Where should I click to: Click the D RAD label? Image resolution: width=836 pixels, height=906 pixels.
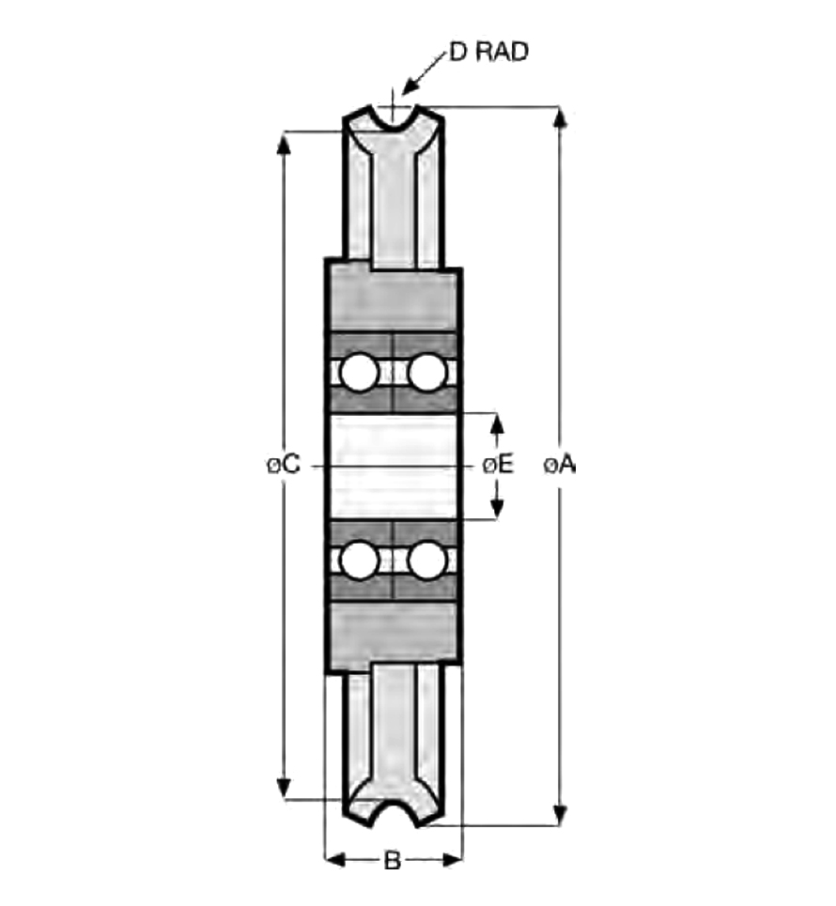click(488, 52)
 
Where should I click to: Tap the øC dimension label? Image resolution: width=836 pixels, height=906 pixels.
click(284, 464)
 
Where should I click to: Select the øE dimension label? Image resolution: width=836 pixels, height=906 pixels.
click(499, 464)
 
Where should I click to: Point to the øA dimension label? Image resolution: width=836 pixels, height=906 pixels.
click(560, 465)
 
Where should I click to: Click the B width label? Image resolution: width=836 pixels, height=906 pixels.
click(393, 861)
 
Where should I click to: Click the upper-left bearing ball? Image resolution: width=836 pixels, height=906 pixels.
click(360, 373)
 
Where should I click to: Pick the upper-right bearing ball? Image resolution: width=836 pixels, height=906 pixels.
click(427, 373)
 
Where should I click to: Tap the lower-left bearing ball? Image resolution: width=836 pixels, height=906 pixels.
click(360, 560)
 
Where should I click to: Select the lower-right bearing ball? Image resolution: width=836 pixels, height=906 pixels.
click(427, 560)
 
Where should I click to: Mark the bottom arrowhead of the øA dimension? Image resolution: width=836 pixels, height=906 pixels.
click(559, 815)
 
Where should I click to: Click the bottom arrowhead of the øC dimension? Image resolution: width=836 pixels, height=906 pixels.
click(284, 788)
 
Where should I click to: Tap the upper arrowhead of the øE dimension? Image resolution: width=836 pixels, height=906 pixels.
click(497, 423)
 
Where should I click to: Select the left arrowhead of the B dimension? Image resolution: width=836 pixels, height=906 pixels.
click(335, 860)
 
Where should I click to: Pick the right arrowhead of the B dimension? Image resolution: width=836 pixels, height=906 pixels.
click(452, 860)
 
